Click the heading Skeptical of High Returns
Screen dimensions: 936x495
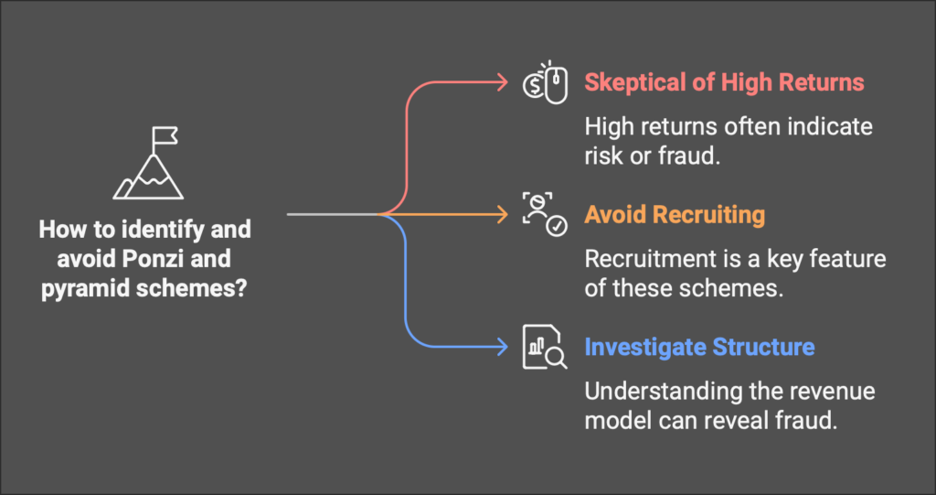724,82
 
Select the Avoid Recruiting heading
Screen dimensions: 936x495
674,215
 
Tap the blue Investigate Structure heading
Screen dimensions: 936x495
699,347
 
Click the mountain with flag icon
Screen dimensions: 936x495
149,163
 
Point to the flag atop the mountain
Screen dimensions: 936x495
165,135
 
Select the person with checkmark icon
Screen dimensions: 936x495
545,214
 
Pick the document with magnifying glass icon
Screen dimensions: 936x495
545,347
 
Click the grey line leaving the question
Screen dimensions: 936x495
333,214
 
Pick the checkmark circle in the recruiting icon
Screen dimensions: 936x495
558,227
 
